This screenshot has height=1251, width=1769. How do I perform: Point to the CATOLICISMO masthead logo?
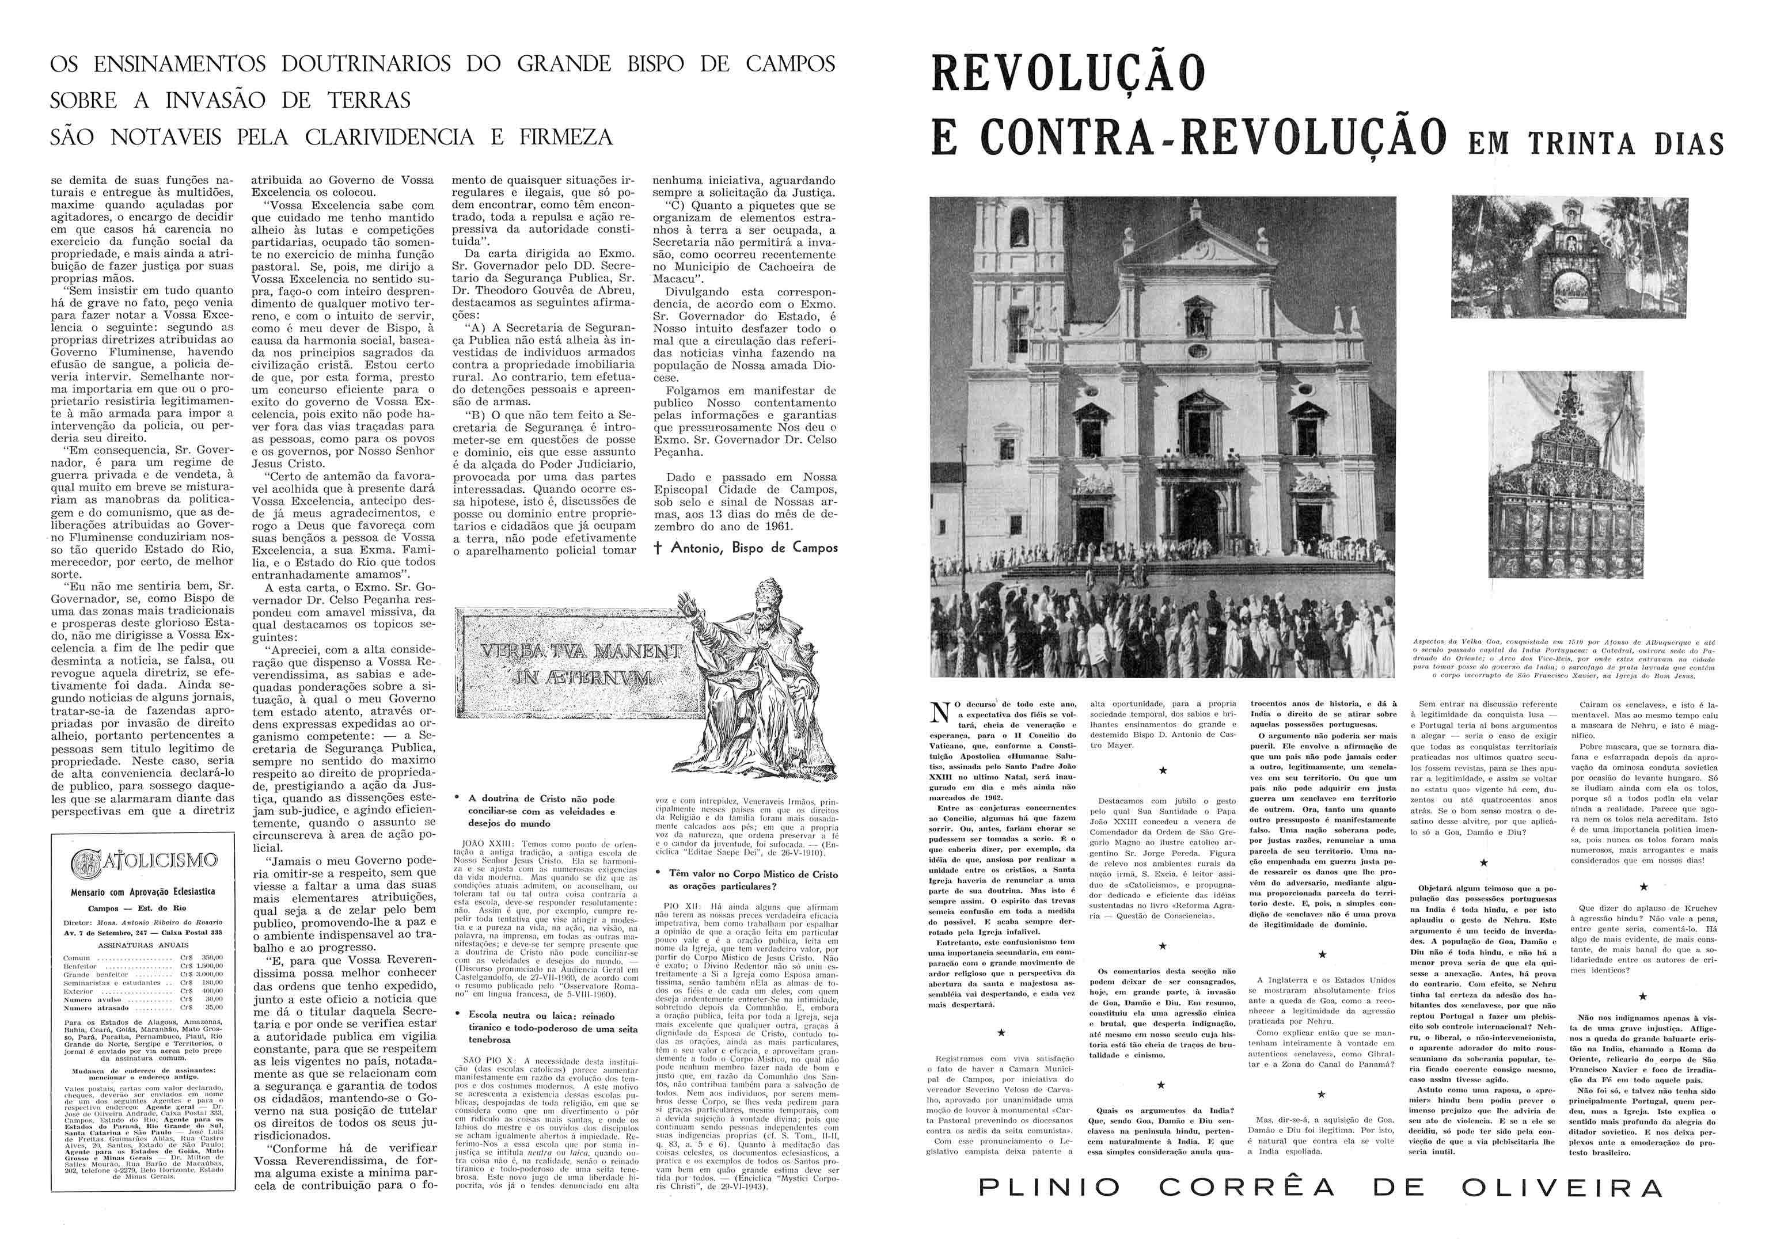[x=143, y=861]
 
